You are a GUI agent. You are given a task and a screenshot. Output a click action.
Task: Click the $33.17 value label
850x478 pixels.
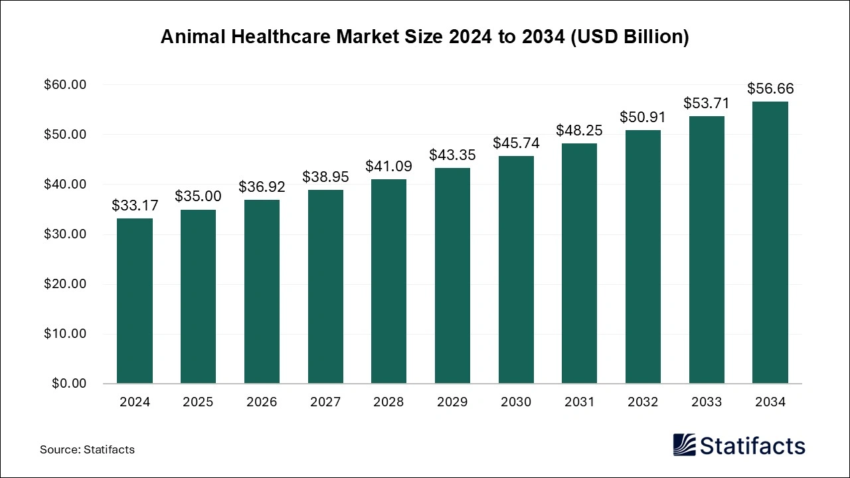click(134, 206)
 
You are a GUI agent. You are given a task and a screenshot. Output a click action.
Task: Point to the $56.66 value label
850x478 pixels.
click(770, 89)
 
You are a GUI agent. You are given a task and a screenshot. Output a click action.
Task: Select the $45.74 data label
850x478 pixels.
click(516, 143)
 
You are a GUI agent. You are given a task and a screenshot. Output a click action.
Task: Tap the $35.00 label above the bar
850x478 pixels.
click(198, 197)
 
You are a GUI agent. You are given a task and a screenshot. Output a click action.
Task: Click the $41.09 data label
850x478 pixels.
click(388, 167)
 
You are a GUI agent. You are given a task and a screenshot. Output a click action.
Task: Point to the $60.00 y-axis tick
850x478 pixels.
click(65, 85)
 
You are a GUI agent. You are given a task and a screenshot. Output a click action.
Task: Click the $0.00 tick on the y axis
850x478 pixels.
click(68, 384)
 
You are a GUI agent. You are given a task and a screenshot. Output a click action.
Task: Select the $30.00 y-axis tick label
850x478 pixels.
click(65, 234)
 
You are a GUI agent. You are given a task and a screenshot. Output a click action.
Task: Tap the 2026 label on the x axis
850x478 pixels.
click(262, 402)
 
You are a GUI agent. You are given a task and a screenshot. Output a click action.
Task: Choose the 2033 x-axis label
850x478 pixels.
click(707, 402)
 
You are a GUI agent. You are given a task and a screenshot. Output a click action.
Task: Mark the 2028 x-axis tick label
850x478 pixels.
click(388, 402)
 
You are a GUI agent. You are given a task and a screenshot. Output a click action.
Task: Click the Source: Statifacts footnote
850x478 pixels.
click(87, 449)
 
